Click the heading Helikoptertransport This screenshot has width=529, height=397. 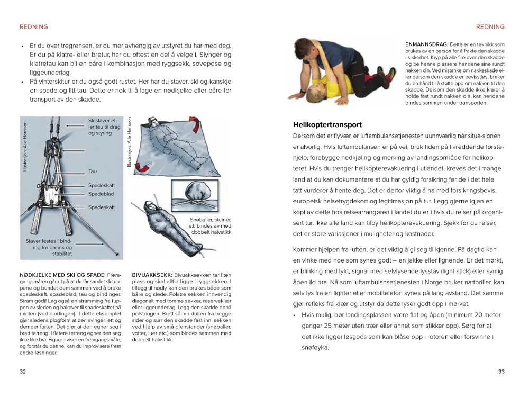[327, 125]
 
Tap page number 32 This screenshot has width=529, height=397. [23, 372]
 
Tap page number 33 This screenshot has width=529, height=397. [501, 372]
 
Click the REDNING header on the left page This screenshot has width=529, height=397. [33, 27]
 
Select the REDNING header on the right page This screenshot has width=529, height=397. [490, 27]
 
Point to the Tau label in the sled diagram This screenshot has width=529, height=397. [93, 172]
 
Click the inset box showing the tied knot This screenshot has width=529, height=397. [195, 197]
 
